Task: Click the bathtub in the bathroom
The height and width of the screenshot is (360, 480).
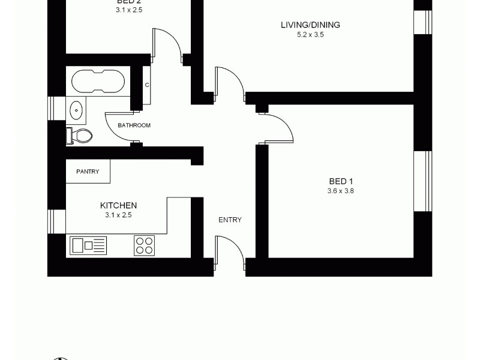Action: (x=98, y=80)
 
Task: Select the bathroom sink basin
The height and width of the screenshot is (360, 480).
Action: (x=77, y=110)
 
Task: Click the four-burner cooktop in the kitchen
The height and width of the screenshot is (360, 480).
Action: (x=144, y=245)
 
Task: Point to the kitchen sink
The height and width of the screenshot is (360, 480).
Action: (x=88, y=245)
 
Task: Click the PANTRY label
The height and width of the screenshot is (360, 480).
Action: (x=87, y=172)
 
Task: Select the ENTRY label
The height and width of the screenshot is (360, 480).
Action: (x=230, y=220)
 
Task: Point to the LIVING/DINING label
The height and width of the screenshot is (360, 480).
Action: (x=310, y=25)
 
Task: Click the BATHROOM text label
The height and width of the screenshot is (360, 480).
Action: (x=134, y=125)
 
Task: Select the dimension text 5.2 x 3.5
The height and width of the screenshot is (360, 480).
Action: (x=310, y=35)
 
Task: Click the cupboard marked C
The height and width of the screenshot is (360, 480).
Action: (x=146, y=85)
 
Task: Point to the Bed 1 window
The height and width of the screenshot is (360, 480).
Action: (x=423, y=181)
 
